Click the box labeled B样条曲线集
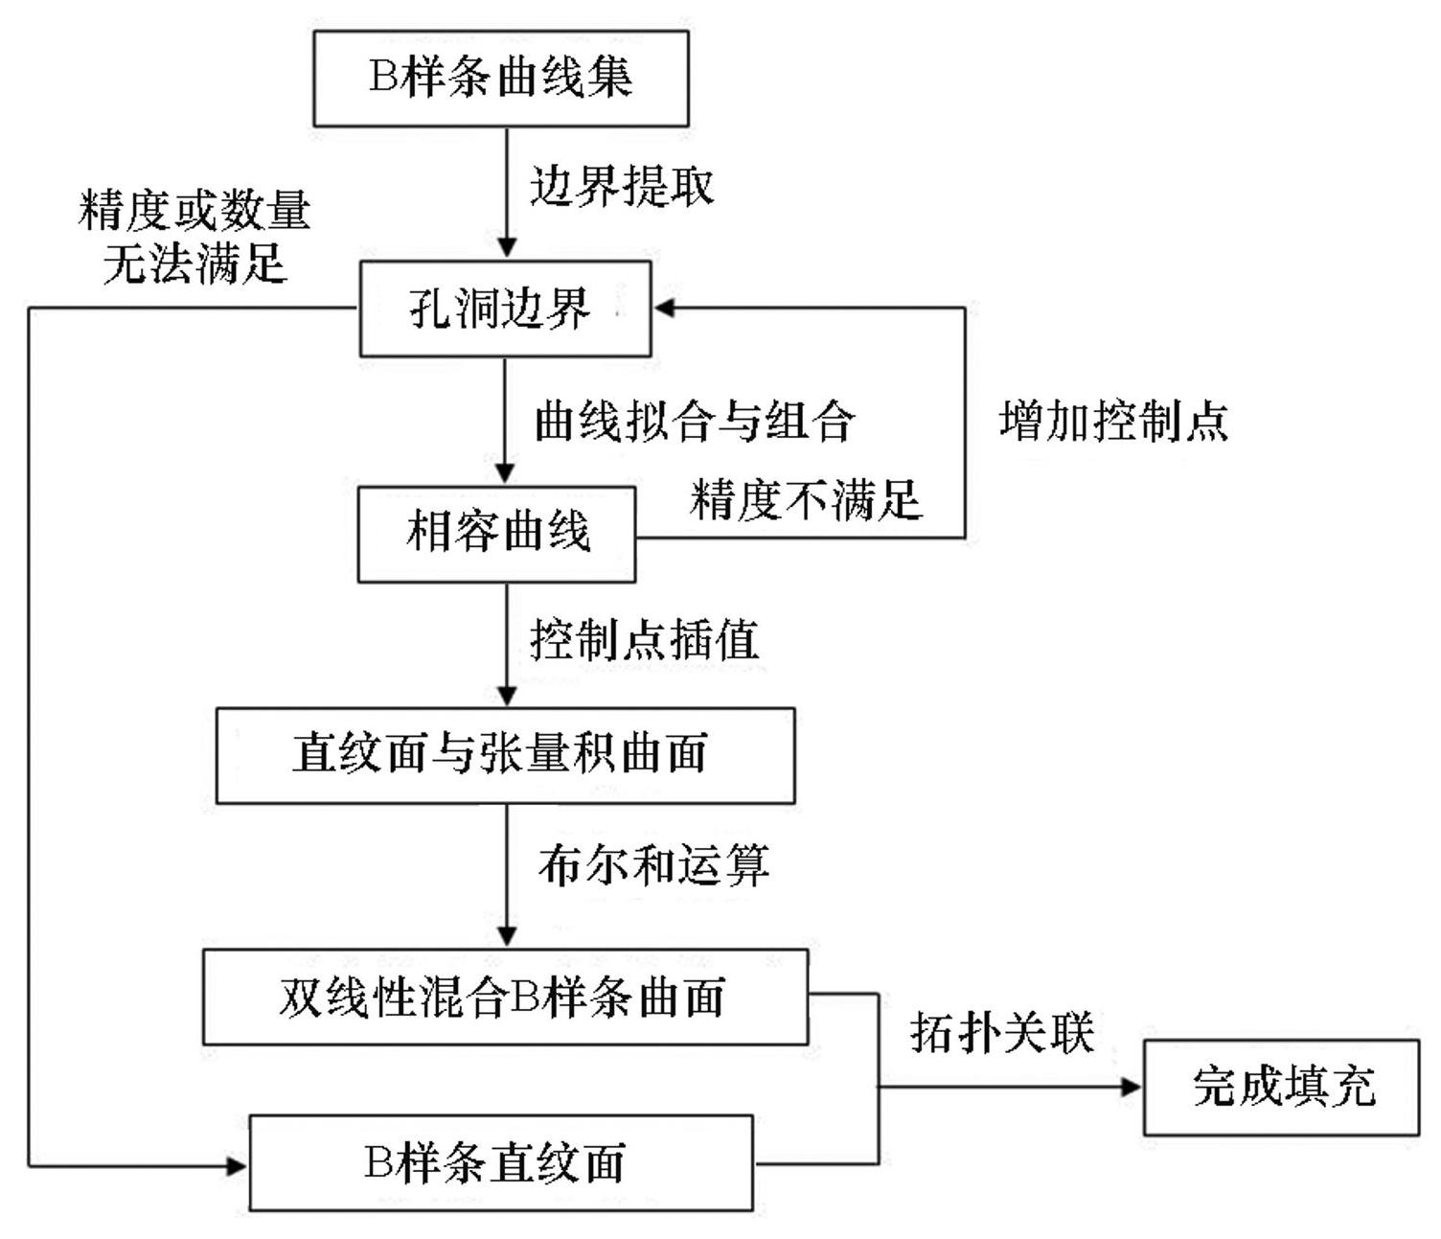[x=501, y=79]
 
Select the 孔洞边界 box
[x=505, y=309]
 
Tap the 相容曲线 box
[x=496, y=534]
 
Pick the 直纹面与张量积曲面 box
[x=505, y=755]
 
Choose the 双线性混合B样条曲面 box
[x=505, y=997]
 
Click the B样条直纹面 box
[x=500, y=1162]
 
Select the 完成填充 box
[x=1281, y=1088]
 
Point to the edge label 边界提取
[x=622, y=185]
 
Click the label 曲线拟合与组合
[x=694, y=421]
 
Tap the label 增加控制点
[x=1113, y=421]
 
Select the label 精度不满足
[x=806, y=499]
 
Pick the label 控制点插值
[x=644, y=639]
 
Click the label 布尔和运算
[x=653, y=865]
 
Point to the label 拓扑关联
[x=1001, y=1033]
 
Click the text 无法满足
[x=194, y=263]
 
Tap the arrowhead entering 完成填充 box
[x=1132, y=1087]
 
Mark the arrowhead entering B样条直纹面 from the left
[x=237, y=1165]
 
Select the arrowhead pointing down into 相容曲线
[x=506, y=473]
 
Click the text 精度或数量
[x=194, y=210]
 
